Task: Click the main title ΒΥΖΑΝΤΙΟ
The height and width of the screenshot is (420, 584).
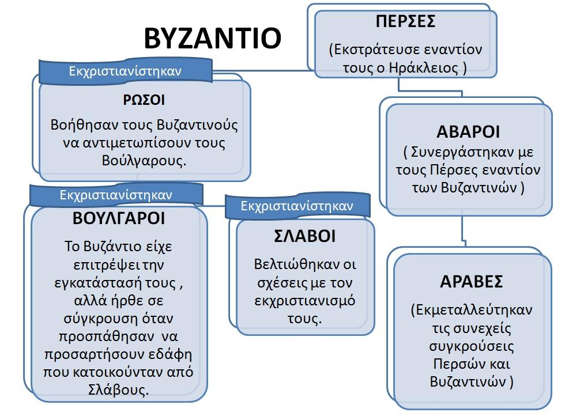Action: (x=212, y=38)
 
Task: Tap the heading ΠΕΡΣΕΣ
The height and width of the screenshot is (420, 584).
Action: (x=406, y=21)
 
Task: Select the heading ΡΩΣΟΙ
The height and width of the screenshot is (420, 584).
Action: (x=144, y=100)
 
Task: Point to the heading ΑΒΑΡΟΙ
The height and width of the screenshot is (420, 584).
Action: (x=468, y=132)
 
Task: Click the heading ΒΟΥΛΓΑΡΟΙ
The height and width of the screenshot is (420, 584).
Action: (x=119, y=218)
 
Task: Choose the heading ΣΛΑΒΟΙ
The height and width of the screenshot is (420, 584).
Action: (x=305, y=236)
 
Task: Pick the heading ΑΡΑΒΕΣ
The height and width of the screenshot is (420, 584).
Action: (x=472, y=282)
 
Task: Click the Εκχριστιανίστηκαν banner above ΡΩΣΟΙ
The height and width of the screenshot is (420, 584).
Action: (x=126, y=71)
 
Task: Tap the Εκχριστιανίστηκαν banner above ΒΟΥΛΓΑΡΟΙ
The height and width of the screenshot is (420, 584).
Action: (x=116, y=195)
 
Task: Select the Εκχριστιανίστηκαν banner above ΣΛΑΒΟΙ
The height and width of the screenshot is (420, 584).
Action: (x=297, y=206)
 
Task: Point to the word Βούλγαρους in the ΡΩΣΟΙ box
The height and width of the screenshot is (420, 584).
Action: (x=144, y=161)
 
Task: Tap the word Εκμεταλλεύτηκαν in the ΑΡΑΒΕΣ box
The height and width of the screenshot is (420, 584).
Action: (x=474, y=310)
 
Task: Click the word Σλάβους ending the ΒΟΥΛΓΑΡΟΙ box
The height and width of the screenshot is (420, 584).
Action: (x=118, y=389)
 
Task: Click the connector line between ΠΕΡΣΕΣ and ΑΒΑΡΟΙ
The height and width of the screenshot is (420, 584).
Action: (x=430, y=90)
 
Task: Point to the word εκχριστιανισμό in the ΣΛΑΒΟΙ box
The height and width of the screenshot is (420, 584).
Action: (x=304, y=301)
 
